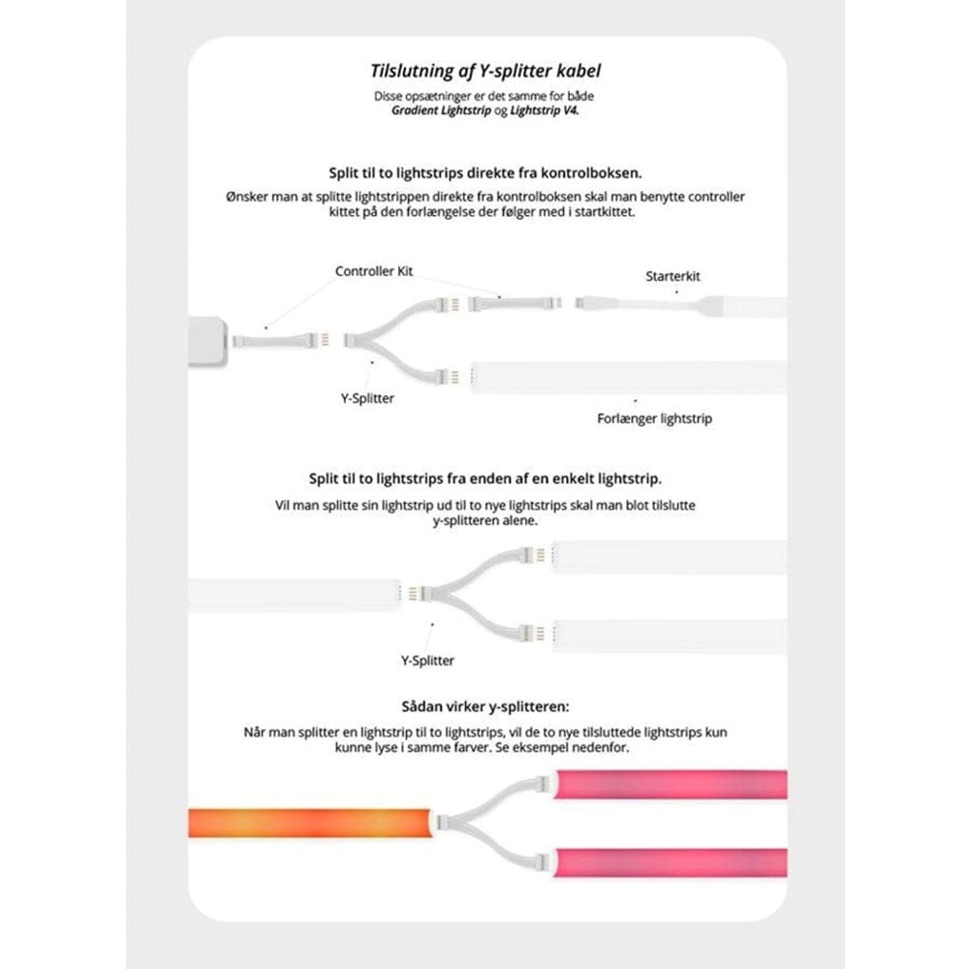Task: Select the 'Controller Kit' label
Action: click(374, 271)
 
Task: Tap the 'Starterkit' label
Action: click(672, 276)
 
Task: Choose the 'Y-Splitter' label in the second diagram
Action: click(427, 660)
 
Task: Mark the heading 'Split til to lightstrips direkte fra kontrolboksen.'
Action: click(486, 173)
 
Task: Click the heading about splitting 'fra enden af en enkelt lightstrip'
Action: click(485, 479)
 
